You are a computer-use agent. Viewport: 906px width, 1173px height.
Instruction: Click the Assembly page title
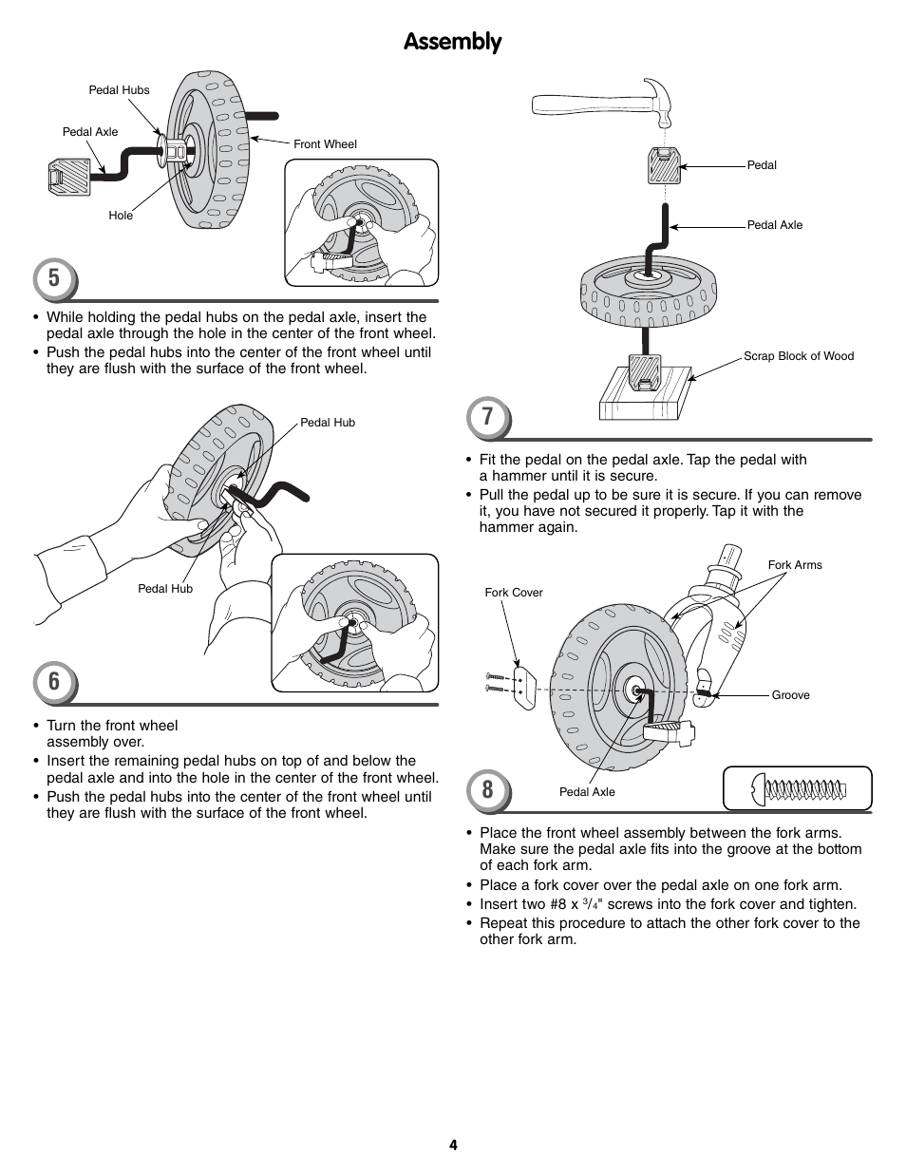tap(452, 42)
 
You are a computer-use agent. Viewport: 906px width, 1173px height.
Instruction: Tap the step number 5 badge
tap(54, 277)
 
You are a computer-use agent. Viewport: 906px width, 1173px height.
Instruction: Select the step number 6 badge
tap(54, 681)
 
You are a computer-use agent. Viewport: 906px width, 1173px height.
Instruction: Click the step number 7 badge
tap(487, 417)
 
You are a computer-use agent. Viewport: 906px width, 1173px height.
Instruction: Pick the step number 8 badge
tap(487, 790)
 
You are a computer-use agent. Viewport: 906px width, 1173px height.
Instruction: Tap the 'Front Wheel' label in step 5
tap(325, 144)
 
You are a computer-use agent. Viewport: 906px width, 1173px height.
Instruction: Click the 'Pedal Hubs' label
tap(119, 90)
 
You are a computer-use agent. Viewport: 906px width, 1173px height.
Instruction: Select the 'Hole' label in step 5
tap(121, 216)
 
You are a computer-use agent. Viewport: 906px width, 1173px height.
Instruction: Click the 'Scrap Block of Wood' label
tap(798, 356)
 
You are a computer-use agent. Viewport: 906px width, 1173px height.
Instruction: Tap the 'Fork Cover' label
tap(514, 593)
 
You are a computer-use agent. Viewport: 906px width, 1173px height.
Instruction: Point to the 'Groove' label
tap(790, 695)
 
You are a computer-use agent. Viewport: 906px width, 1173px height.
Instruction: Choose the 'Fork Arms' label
tap(795, 565)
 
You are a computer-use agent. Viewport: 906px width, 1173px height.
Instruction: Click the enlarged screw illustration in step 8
tap(798, 788)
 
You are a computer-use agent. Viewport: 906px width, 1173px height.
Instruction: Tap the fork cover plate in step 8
tap(520, 686)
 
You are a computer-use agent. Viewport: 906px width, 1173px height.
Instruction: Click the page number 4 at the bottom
tap(453, 1145)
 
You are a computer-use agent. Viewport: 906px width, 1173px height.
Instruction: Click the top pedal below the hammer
tap(665, 166)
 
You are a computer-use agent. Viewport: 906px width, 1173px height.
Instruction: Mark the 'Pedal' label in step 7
tap(762, 165)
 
